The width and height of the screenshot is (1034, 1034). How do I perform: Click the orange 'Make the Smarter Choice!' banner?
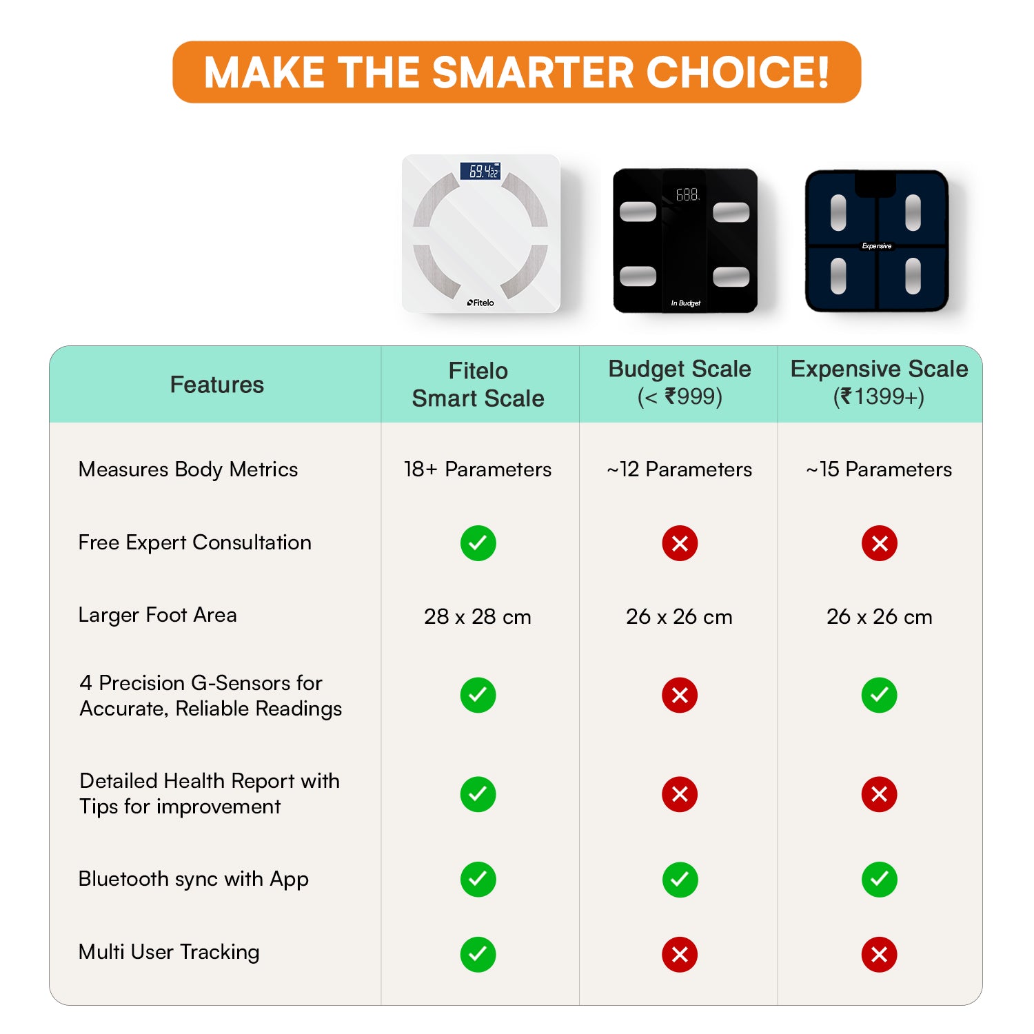pos(516,72)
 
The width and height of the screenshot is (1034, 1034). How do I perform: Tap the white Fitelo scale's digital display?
pos(480,171)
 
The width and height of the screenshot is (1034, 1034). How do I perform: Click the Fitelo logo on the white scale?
pos(480,303)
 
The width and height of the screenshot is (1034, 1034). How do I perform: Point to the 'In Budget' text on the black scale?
pos(686,303)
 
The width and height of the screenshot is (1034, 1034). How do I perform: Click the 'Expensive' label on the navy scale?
pos(877,246)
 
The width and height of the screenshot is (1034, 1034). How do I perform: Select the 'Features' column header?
pos(216,385)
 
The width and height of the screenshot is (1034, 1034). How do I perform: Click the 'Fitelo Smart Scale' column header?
pos(478,385)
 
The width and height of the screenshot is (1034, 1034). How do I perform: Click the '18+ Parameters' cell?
pos(478,469)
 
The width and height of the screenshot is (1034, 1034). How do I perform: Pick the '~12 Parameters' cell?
pos(679,469)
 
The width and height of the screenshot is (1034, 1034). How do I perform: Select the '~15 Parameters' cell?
pos(879,469)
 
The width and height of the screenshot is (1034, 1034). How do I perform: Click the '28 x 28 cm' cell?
pos(478,616)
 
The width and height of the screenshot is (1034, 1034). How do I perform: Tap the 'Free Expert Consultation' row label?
pos(194,543)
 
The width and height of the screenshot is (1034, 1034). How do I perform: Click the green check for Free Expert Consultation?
pos(478,543)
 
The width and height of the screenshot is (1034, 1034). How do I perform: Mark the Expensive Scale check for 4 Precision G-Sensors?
pos(880,695)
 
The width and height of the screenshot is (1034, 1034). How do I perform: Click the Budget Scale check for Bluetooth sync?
pos(680,880)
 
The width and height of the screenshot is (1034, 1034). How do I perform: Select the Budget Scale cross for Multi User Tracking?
pos(680,955)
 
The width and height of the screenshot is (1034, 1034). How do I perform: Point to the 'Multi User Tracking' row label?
pos(169,952)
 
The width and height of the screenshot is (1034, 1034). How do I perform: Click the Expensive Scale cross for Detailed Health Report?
pos(880,794)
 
